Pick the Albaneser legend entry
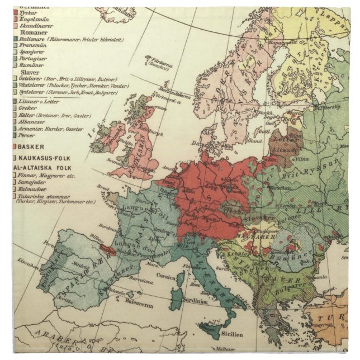36,121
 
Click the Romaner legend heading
34,33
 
